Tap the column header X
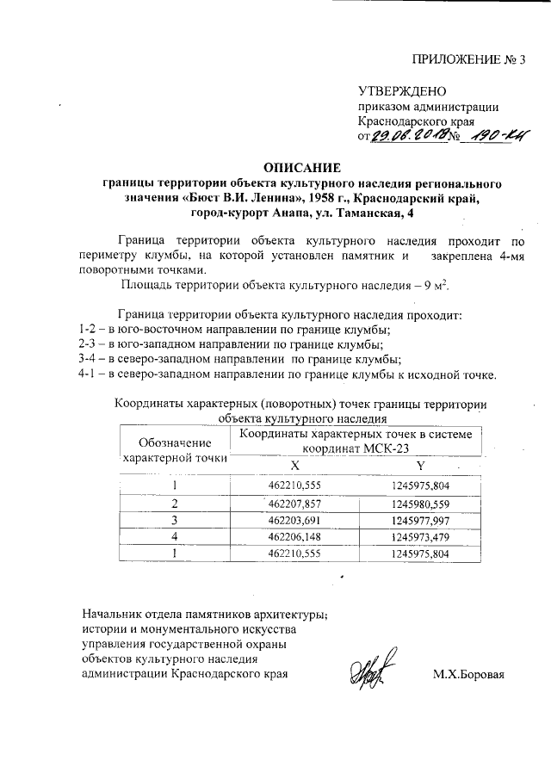(x=294, y=465)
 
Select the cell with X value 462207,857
(x=294, y=503)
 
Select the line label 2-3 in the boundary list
(x=80, y=344)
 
